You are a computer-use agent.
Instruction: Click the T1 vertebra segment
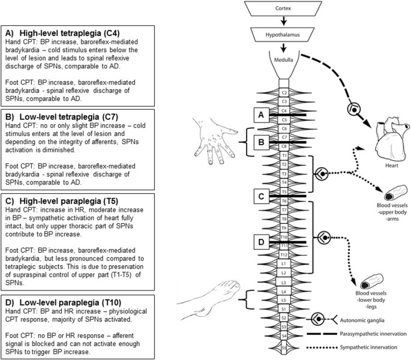coord(284,155)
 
